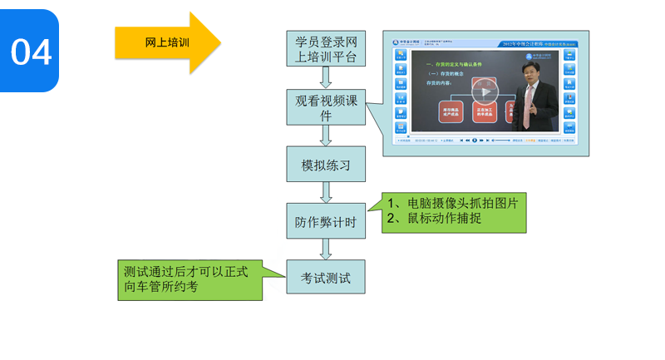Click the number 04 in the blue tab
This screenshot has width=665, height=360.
[31, 52]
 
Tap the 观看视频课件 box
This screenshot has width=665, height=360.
[326, 107]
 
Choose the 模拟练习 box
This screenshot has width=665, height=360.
[326, 165]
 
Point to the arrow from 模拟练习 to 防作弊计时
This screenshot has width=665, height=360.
[326, 193]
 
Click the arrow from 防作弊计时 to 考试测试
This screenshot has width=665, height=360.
[326, 249]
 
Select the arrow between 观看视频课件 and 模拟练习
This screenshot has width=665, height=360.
[326, 136]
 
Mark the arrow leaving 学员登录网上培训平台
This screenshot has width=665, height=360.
[326, 78]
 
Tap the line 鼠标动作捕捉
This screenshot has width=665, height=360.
[440, 219]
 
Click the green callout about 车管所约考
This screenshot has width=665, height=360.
[190, 279]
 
